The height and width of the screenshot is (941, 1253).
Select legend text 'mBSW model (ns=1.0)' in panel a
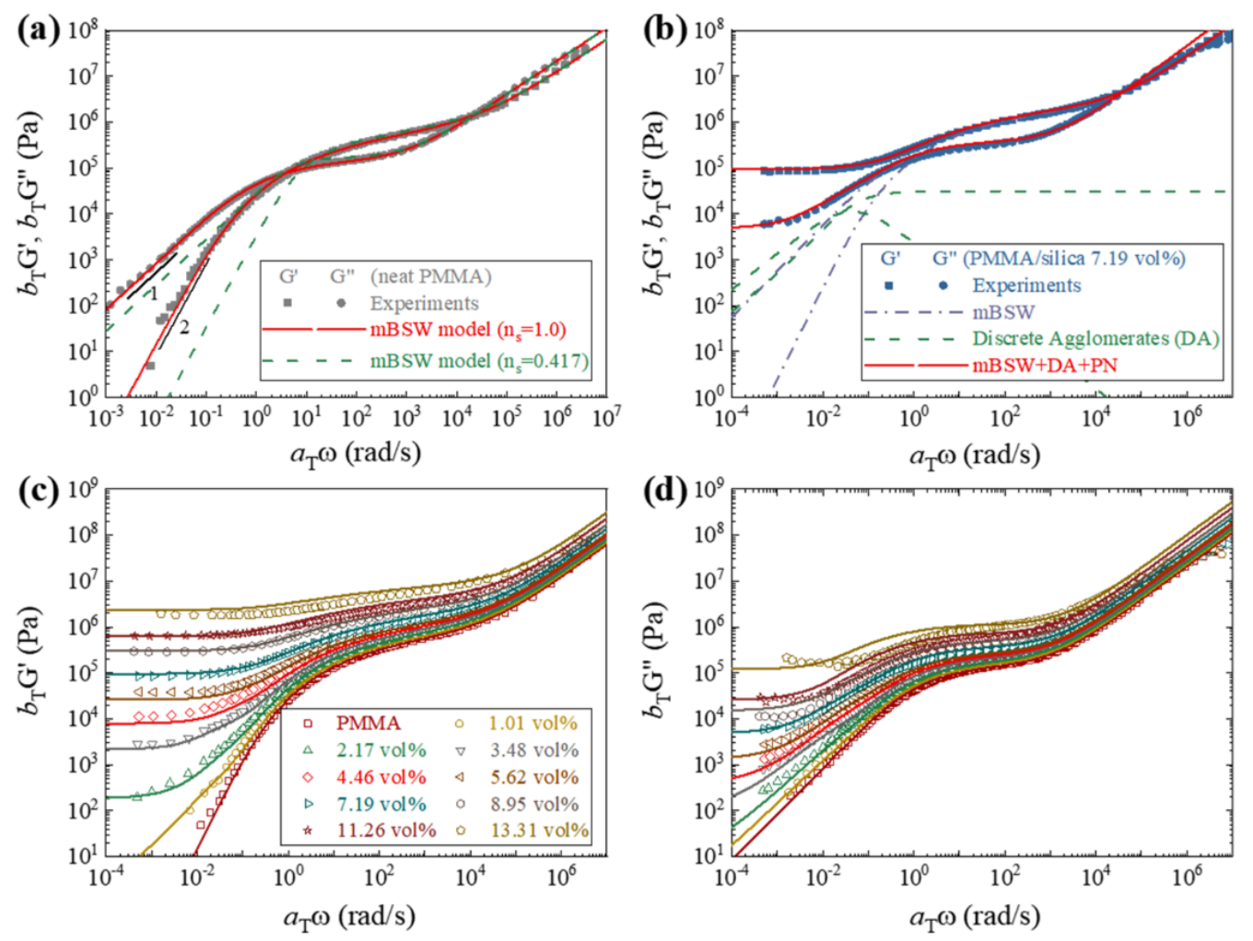(x=468, y=330)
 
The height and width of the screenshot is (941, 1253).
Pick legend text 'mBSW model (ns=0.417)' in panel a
(x=479, y=361)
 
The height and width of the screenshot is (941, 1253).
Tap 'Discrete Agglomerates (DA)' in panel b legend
(x=1095, y=339)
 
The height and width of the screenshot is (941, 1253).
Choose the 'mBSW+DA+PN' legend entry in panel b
(x=1045, y=366)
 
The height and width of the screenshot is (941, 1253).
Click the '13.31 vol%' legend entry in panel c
(x=539, y=831)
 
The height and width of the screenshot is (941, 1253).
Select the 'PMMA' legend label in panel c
(x=369, y=724)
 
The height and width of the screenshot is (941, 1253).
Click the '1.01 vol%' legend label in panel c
(x=533, y=724)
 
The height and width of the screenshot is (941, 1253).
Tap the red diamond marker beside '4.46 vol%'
(x=308, y=778)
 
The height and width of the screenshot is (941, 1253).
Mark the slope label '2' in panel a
(x=184, y=327)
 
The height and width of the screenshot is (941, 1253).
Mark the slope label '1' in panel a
(x=155, y=294)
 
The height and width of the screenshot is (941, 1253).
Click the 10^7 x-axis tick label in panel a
(x=605, y=418)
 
